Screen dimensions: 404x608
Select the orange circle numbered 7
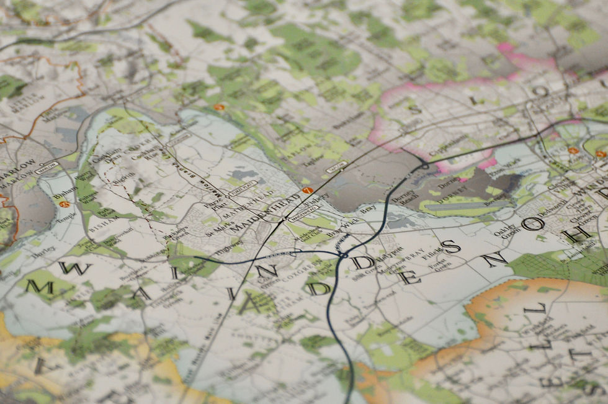tap(306, 190)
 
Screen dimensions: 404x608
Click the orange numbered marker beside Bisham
tap(64, 204)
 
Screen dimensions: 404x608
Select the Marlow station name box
tap(47, 166)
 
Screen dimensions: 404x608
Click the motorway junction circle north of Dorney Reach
tap(424, 166)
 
